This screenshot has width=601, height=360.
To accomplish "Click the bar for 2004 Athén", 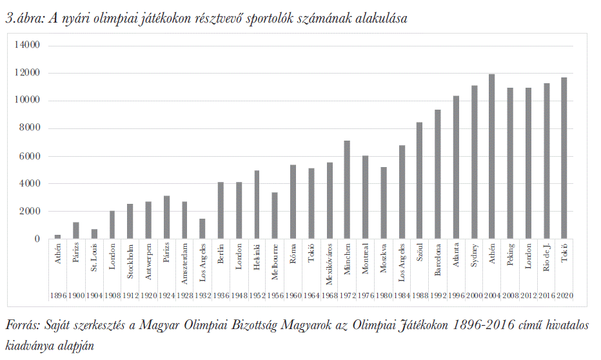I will [x=491, y=157].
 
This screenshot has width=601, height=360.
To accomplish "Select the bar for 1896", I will [x=57, y=237].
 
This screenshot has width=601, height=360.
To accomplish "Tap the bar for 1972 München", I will [x=347, y=190].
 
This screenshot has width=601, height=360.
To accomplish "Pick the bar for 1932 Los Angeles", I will [x=202, y=229].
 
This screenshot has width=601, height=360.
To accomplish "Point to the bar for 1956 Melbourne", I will [x=275, y=215].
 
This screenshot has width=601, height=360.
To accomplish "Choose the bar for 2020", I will [x=564, y=158].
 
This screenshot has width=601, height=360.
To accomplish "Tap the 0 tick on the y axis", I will [x=37, y=239].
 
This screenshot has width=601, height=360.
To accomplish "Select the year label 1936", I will [x=221, y=295].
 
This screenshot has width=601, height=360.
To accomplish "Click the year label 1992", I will [x=437, y=295].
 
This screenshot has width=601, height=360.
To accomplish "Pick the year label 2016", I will [x=546, y=295].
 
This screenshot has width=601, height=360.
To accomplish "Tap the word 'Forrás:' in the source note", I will [x=23, y=326].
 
